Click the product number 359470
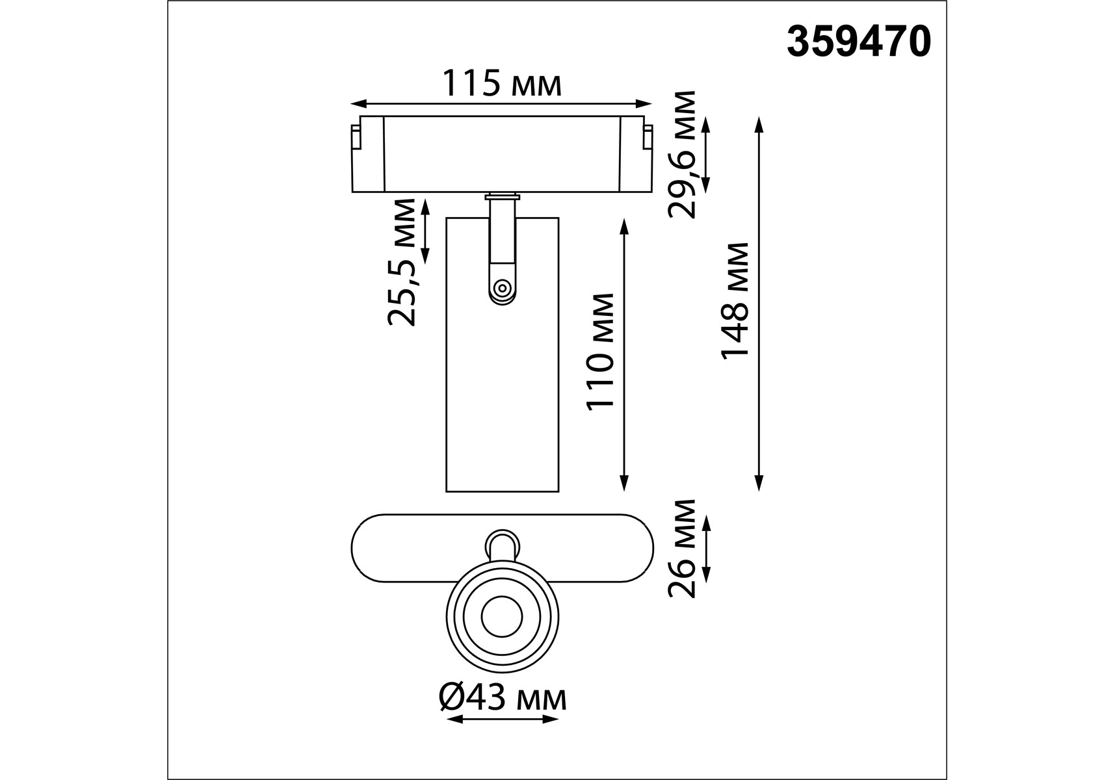(859, 42)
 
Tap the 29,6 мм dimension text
(682, 154)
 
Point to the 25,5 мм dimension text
(400, 262)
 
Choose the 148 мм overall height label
(735, 300)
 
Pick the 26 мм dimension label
(682, 549)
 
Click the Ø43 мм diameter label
(503, 699)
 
